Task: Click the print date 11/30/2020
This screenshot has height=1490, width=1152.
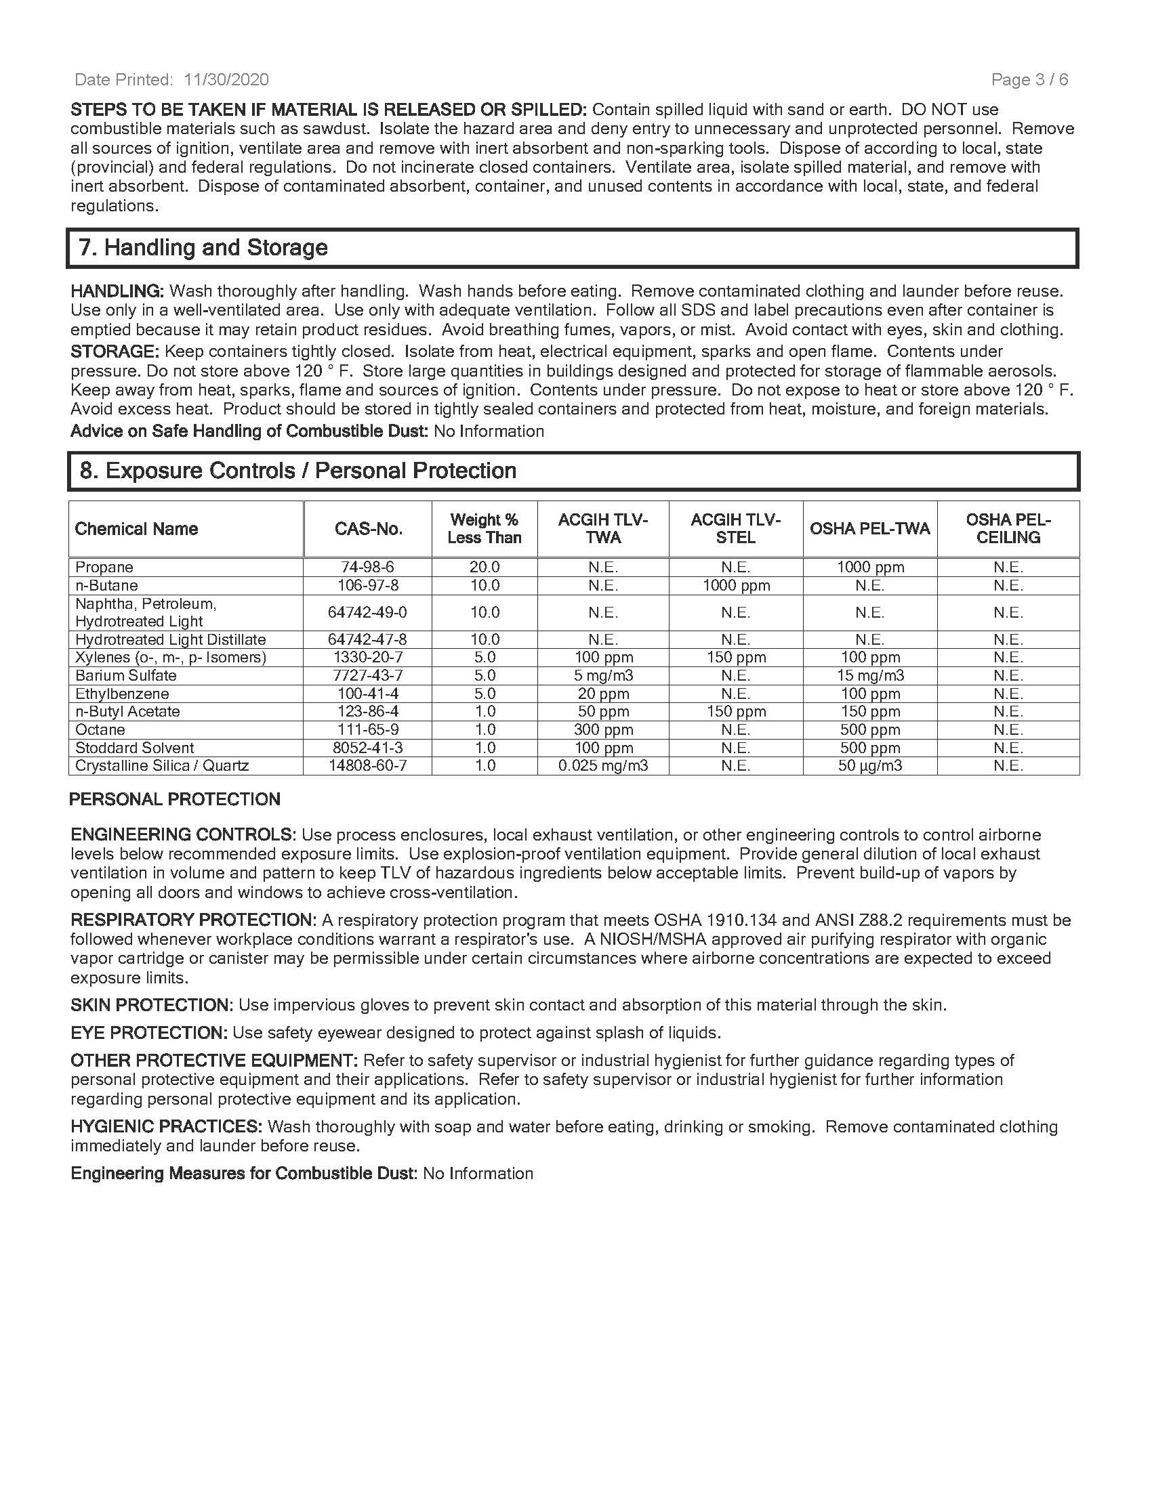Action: coord(226,80)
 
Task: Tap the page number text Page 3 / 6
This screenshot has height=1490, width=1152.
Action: coord(1029,80)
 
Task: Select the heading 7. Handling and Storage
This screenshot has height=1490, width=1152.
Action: coord(203,247)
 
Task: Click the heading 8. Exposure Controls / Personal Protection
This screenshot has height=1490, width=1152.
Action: coord(297,471)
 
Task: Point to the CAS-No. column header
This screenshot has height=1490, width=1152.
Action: coord(368,529)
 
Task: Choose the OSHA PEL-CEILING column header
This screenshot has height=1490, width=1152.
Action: coord(1008,529)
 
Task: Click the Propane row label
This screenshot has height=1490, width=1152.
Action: coord(104,567)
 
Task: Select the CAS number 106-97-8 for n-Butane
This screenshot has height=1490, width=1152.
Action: coord(368,585)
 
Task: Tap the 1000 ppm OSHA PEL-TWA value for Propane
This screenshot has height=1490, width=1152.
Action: coord(870,567)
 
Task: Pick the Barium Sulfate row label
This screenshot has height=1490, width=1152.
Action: coord(125,675)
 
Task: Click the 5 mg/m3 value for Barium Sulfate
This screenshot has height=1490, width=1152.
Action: coord(603,675)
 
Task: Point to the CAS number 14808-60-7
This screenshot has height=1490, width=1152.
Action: coord(368,765)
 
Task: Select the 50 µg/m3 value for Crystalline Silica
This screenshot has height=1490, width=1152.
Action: coord(870,765)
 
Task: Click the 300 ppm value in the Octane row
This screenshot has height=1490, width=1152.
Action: coord(603,729)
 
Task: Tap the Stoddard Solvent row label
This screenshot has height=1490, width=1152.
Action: coord(134,748)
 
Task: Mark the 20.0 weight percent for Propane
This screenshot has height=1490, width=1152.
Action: coord(485,567)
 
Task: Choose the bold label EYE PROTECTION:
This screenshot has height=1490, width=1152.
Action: coord(149,1033)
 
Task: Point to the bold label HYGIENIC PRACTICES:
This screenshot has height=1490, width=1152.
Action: coord(167,1126)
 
